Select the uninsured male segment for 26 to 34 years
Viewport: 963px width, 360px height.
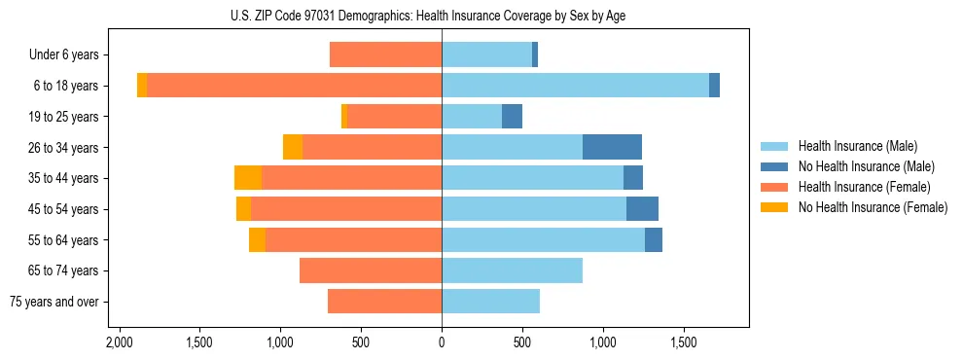(x=612, y=147)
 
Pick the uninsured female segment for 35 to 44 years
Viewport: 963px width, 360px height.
(x=248, y=178)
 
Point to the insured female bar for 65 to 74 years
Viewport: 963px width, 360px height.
(x=371, y=270)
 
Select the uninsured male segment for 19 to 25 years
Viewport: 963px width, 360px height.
(x=512, y=117)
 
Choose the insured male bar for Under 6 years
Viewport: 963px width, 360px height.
(x=486, y=54)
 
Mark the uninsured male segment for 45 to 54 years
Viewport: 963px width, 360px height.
(x=642, y=209)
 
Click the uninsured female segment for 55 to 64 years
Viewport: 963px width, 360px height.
(x=257, y=239)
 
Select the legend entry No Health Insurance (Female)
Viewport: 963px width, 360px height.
(x=873, y=207)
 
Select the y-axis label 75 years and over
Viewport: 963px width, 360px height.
(x=53, y=302)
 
